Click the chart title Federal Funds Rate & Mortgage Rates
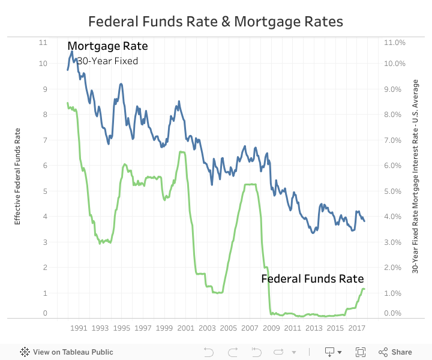pyautogui.click(x=215, y=22)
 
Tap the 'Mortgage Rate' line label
pyautogui.click(x=107, y=46)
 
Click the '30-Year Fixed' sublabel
pyautogui.click(x=107, y=61)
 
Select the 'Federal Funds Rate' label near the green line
pyautogui.click(x=312, y=279)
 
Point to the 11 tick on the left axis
pyautogui.click(x=42, y=43)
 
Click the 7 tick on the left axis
pyautogui.click(x=43, y=140)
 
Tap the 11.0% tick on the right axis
pyautogui.click(x=395, y=43)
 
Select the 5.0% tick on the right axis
pyautogui.click(x=393, y=191)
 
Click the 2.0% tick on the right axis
pyautogui.click(x=393, y=268)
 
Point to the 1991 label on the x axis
pyautogui.click(x=79, y=328)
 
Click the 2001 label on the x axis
pyautogui.click(x=185, y=328)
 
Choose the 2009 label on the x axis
pyautogui.click(x=271, y=328)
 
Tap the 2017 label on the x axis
pyautogui.click(x=356, y=328)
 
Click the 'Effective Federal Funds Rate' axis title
pyautogui.click(x=17, y=176)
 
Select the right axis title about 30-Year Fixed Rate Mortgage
pyautogui.click(x=415, y=176)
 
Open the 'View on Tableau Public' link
pyautogui.click(x=67, y=352)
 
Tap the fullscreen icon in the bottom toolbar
pyautogui.click(x=361, y=352)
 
